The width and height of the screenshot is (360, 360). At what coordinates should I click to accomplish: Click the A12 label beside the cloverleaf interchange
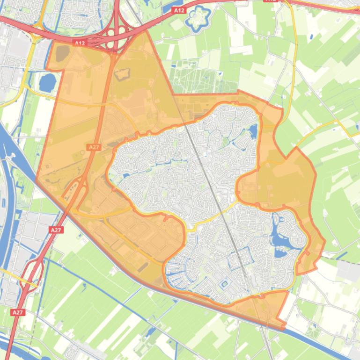pyautogui.click(x=80, y=43)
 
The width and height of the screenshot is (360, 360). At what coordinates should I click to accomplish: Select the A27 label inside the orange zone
pyautogui.click(x=94, y=147)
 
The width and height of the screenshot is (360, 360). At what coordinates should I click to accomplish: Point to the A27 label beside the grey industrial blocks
pyautogui.click(x=56, y=230)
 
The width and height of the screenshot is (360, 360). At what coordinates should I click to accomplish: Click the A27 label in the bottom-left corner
pyautogui.click(x=17, y=312)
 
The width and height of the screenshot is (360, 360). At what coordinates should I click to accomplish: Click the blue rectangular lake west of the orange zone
pyautogui.click(x=47, y=83)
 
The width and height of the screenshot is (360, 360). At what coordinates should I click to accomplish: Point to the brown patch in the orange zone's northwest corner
pyautogui.click(x=61, y=53)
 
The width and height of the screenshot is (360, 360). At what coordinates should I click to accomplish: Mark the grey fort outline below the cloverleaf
pyautogui.click(x=121, y=74)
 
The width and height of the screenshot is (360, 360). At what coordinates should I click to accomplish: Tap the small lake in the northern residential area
pyautogui.click(x=253, y=130)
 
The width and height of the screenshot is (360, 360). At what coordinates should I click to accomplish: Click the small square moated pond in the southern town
pyautogui.click(x=224, y=284)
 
